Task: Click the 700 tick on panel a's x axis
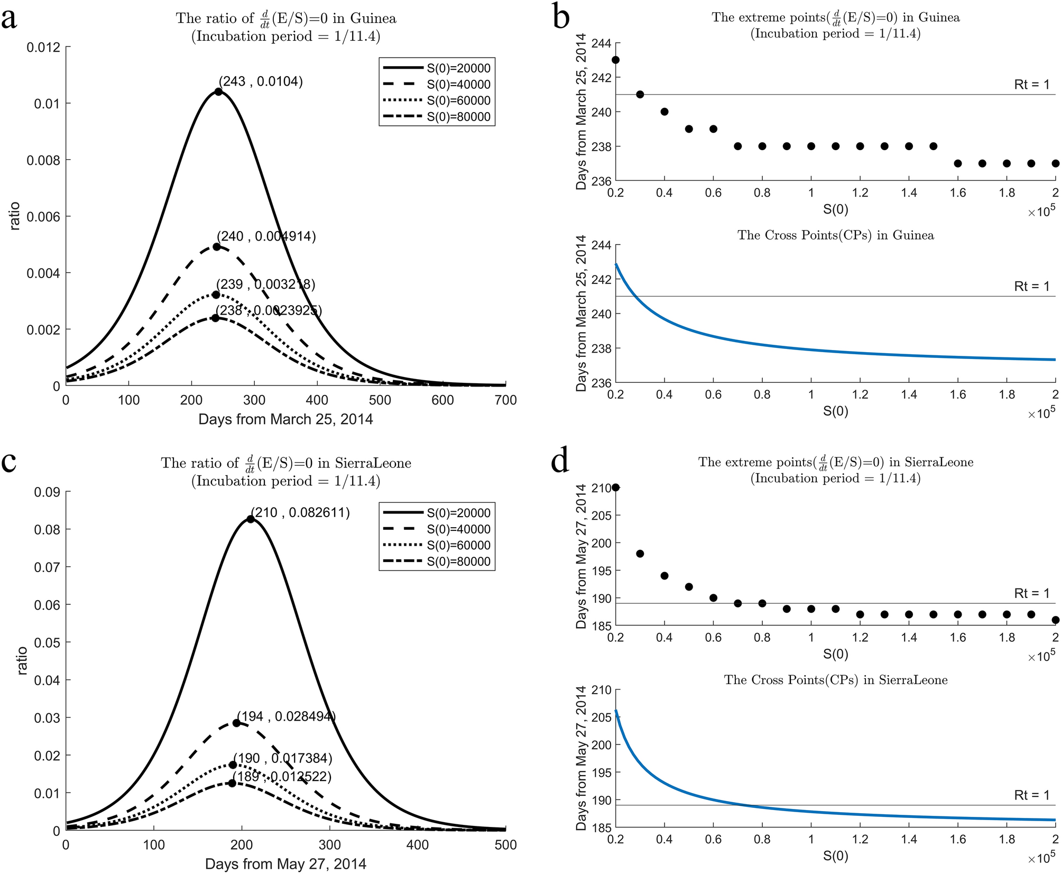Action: pos(505,400)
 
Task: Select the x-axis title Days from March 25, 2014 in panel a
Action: pos(285,419)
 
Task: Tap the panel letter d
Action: pos(560,462)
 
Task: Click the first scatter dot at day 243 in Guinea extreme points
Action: pos(615,60)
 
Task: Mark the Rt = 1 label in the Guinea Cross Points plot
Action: pos(1031,287)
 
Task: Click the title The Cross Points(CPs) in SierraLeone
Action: pos(835,680)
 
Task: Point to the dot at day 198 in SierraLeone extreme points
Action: pos(640,554)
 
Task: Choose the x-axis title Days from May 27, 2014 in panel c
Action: pos(285,864)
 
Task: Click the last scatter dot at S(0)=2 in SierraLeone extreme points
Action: pos(1055,620)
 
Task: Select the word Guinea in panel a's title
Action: pos(373,19)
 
